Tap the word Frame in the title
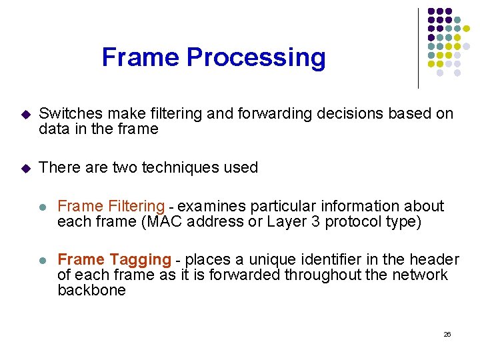click(x=141, y=57)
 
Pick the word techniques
click(x=168, y=167)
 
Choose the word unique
click(x=253, y=260)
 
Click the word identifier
click(x=311, y=260)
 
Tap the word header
click(x=435, y=260)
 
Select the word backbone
click(x=91, y=291)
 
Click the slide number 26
click(x=447, y=334)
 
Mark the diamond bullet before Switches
click(x=25, y=115)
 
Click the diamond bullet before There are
click(x=25, y=168)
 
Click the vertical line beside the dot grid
click(x=418, y=48)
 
